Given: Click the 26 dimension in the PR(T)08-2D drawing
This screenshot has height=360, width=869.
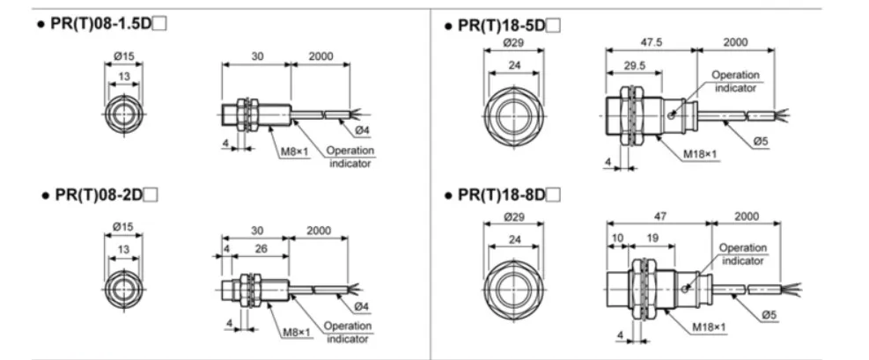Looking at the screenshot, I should coord(261,249).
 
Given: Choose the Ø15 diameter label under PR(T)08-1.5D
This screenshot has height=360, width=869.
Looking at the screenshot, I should coord(122,56).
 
